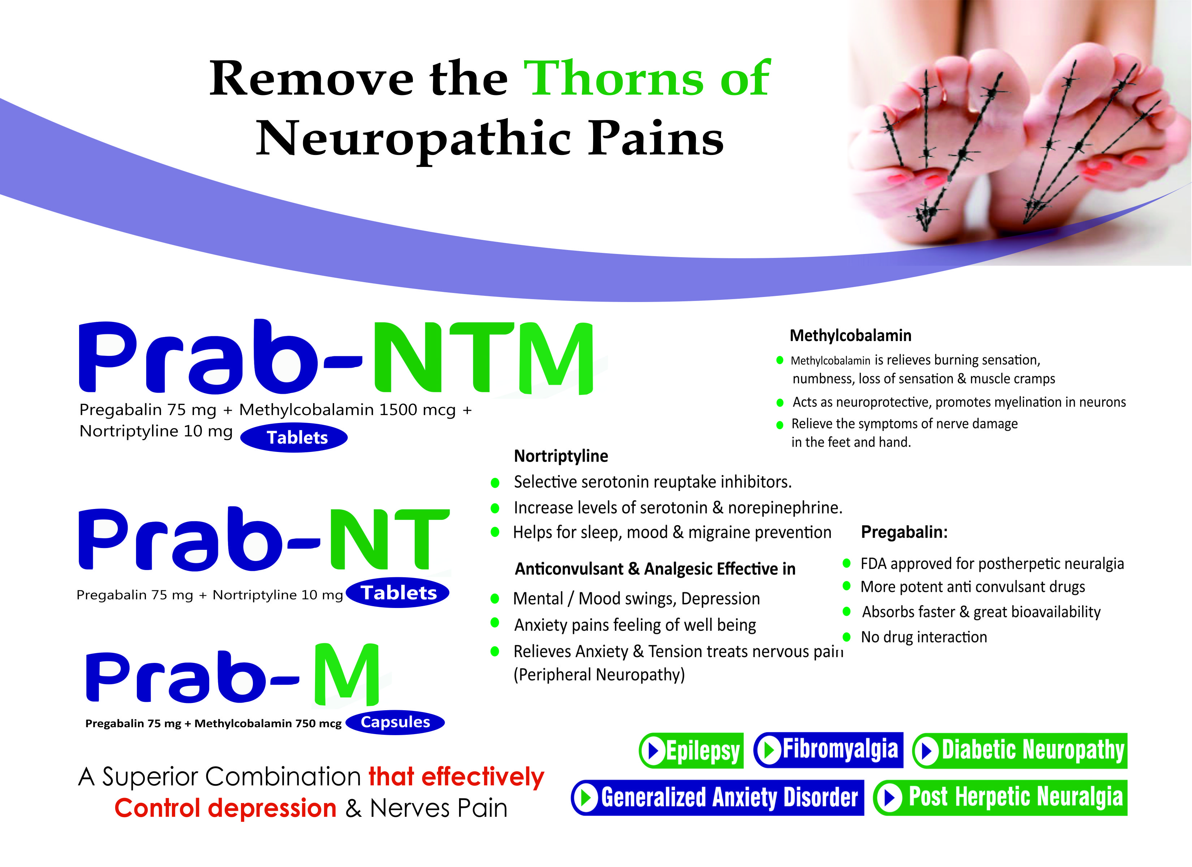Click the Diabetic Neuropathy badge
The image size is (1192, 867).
point(1020,750)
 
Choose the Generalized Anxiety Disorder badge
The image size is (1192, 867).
point(717,797)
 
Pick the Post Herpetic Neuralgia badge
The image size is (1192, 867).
point(1001,797)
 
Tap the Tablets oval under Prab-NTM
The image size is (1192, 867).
point(294,437)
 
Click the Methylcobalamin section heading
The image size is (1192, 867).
point(850,336)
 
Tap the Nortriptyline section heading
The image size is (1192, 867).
point(561,456)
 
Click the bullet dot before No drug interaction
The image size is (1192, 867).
point(847,637)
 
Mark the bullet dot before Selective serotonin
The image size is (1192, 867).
point(494,482)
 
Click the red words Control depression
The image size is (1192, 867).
point(225,808)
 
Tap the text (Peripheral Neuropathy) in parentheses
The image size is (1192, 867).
point(599,674)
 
